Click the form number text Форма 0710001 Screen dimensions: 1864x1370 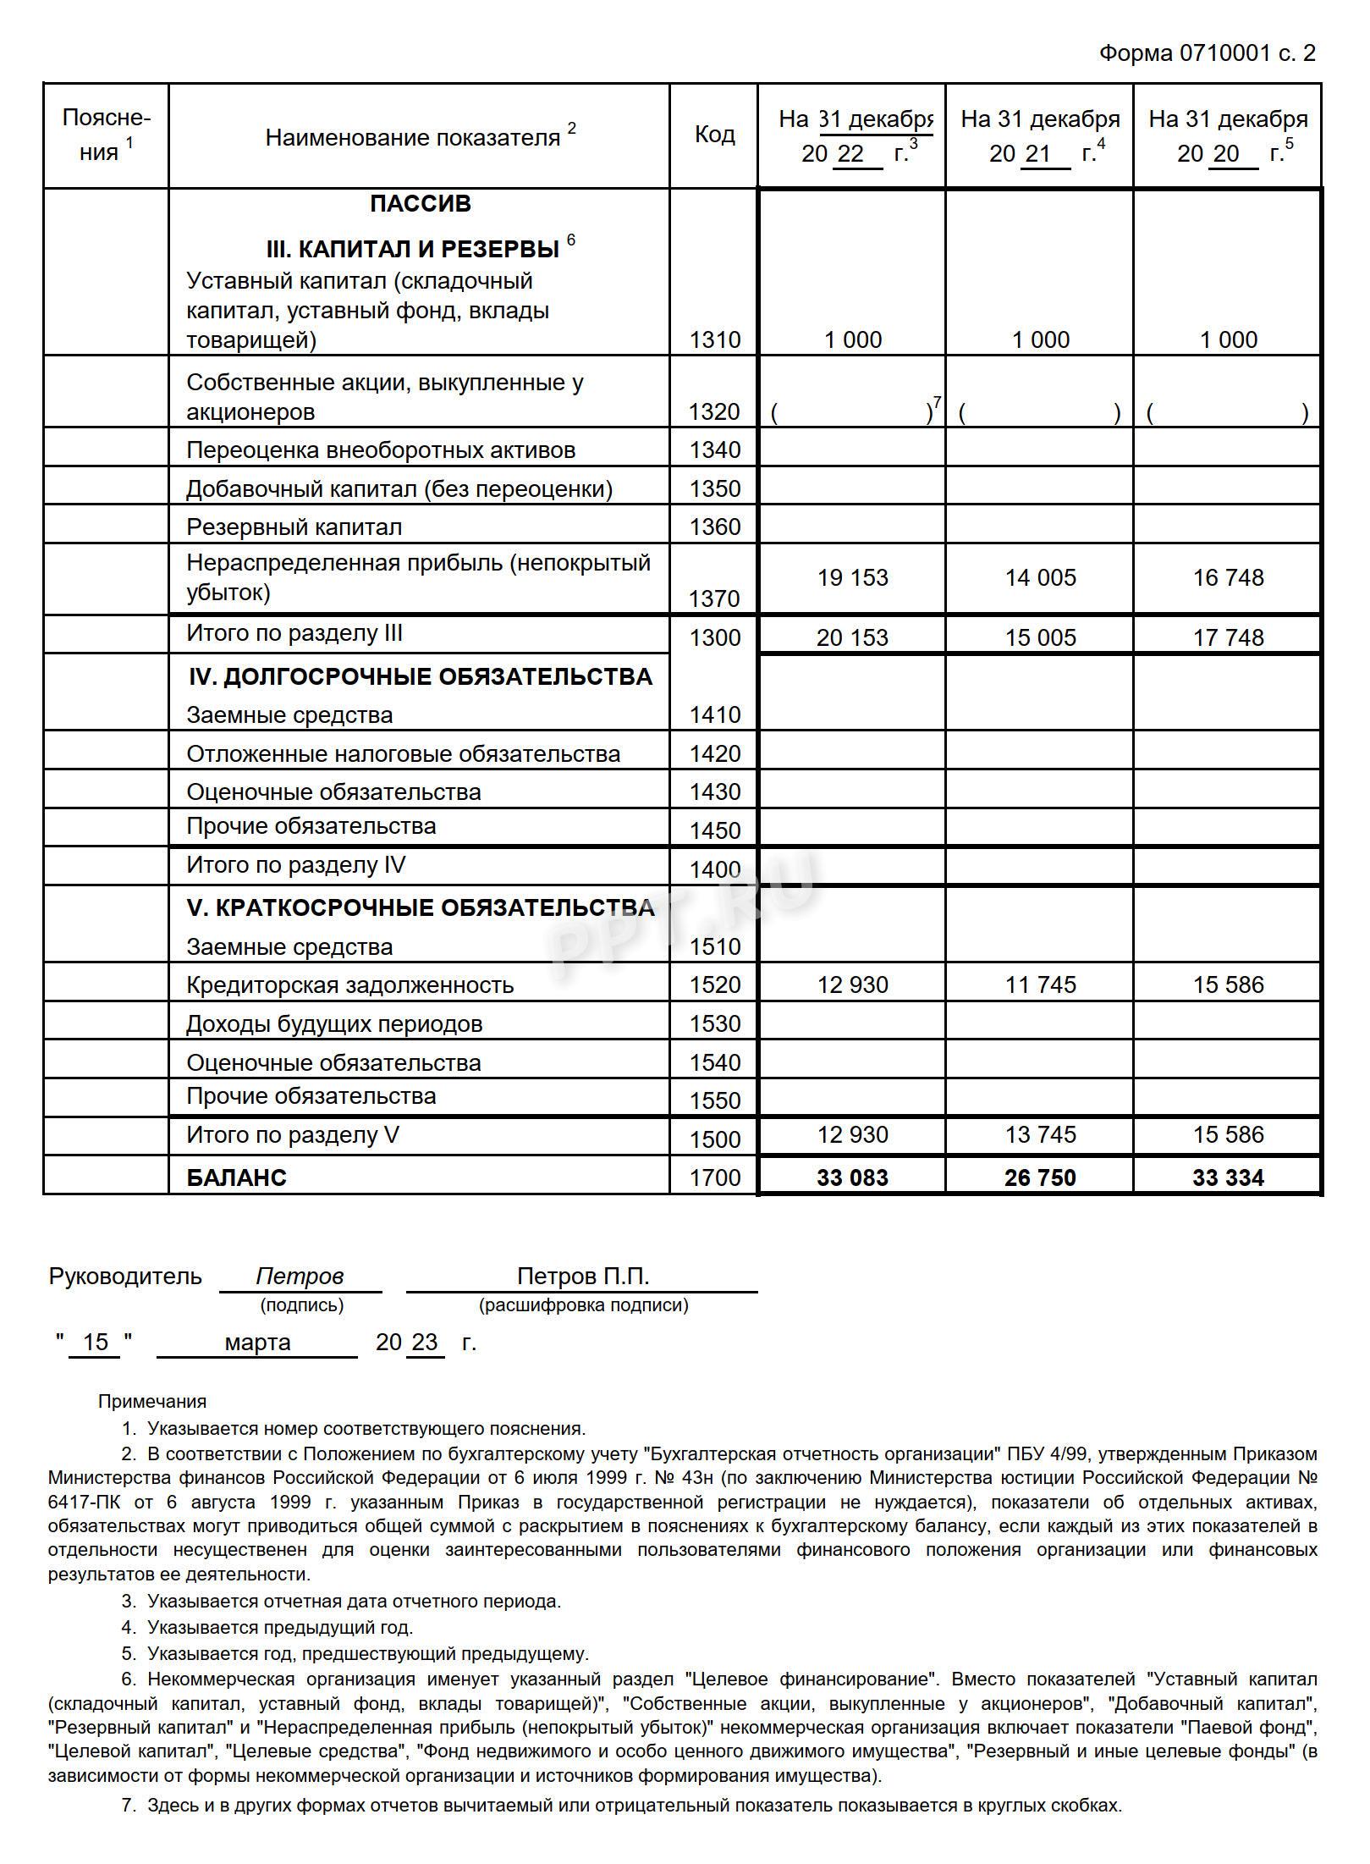tap(1184, 53)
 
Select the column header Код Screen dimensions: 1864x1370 tap(714, 135)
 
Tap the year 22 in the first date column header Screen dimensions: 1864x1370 tap(850, 154)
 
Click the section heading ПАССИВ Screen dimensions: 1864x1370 tap(420, 204)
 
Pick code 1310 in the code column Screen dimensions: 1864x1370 tap(714, 339)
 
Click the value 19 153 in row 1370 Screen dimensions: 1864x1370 tap(852, 577)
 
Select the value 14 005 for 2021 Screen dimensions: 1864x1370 tap(1040, 577)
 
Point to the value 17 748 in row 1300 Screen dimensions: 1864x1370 tap(1228, 637)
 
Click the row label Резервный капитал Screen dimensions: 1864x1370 tap(294, 527)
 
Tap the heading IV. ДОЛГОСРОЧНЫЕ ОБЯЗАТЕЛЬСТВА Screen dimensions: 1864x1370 tap(420, 676)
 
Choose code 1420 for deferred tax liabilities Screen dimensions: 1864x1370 tap(714, 753)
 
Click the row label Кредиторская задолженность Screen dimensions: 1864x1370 tap(349, 984)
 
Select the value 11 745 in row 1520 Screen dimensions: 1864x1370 tap(1040, 984)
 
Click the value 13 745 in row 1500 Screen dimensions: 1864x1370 tap(1040, 1134)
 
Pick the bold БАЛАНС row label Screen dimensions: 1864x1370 tap(236, 1177)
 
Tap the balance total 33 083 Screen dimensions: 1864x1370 tap(852, 1177)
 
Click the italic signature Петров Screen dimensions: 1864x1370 tap(300, 1277)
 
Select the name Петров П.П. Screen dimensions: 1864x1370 tap(583, 1277)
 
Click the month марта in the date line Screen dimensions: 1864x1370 tap(257, 1343)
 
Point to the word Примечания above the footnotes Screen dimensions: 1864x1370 tap(151, 1401)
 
